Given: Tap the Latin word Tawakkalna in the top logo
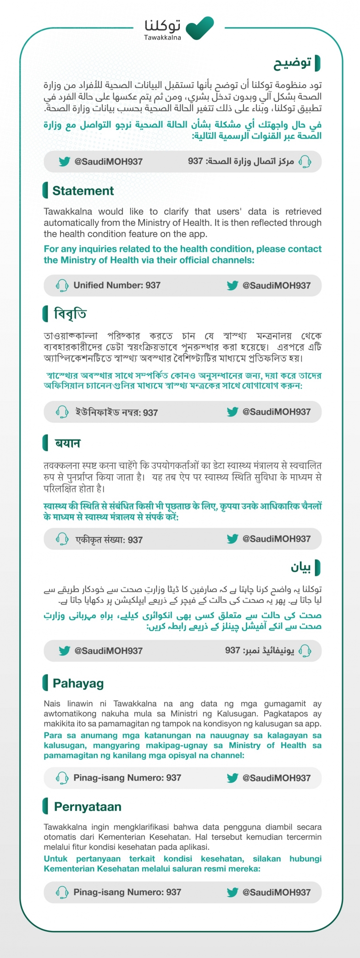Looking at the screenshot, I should [162, 38].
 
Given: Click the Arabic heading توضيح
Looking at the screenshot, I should [293, 62].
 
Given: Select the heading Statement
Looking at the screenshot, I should [83, 191].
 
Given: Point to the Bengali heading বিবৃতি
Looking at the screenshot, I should [70, 314].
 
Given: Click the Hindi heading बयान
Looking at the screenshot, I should [68, 443].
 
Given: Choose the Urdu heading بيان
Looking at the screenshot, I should [301, 567].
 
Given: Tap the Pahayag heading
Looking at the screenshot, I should [78, 683].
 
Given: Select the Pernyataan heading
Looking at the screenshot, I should [88, 807].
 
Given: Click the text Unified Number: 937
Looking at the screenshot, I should [117, 285].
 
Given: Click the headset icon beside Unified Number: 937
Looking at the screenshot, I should [62, 285].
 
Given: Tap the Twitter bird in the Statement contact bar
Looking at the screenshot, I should [233, 285].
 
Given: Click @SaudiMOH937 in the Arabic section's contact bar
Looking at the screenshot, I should [108, 161].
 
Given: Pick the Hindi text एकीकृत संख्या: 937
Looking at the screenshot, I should [109, 540].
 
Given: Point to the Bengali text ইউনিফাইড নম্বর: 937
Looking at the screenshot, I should [116, 412].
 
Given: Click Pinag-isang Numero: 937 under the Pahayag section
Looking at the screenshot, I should [127, 778].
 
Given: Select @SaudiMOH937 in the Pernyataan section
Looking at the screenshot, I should [277, 892].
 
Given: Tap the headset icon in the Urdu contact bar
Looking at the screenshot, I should [305, 650].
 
